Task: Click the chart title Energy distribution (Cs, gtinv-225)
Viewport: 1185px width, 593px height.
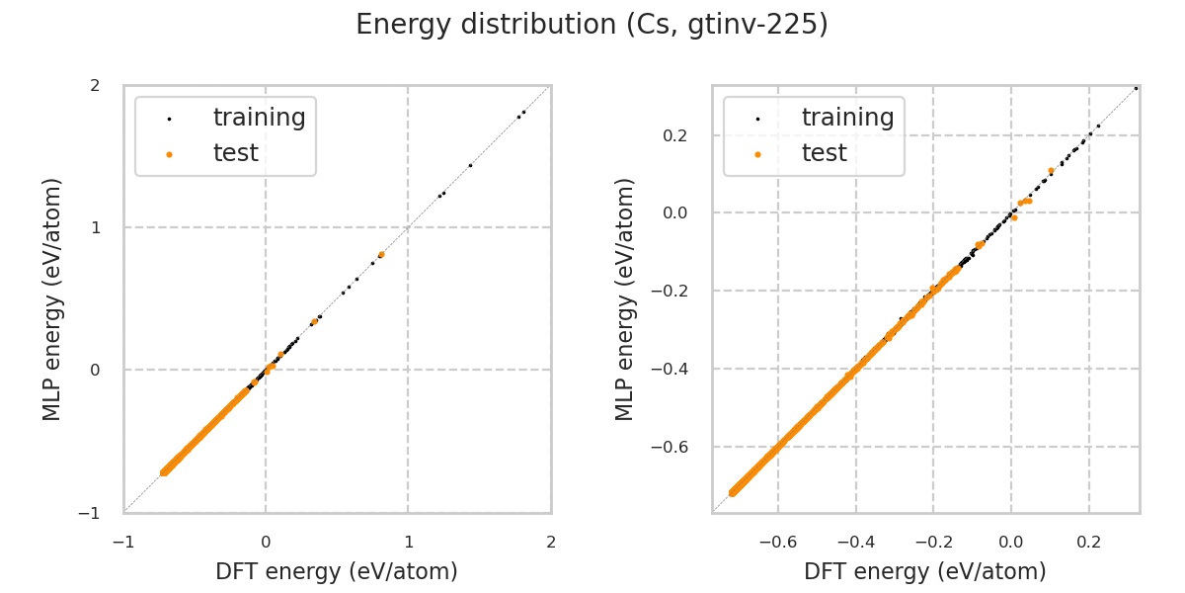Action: [x=592, y=25]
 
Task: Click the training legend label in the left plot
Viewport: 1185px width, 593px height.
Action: [x=259, y=118]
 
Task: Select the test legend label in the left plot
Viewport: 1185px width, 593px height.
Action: [x=235, y=153]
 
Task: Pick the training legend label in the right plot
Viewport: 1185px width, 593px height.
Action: [x=847, y=118]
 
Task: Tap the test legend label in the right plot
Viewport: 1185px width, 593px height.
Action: [x=824, y=153]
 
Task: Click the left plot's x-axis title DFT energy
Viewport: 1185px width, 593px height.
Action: [x=337, y=571]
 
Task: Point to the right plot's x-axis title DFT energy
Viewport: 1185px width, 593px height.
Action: [x=925, y=571]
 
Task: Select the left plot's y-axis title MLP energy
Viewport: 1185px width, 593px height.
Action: [x=53, y=298]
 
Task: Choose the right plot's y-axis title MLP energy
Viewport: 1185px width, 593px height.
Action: [x=625, y=298]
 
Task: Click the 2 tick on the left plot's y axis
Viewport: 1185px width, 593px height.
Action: [x=95, y=86]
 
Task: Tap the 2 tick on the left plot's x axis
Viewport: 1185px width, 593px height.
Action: [x=551, y=542]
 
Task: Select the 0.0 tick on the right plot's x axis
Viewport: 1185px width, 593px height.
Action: [x=1011, y=542]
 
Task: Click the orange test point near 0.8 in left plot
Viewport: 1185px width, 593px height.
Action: [x=381, y=254]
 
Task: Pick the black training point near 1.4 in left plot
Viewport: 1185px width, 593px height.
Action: [x=470, y=165]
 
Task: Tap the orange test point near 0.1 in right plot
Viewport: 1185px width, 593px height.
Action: [x=1051, y=171]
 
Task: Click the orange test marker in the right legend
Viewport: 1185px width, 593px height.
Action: [x=757, y=154]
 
